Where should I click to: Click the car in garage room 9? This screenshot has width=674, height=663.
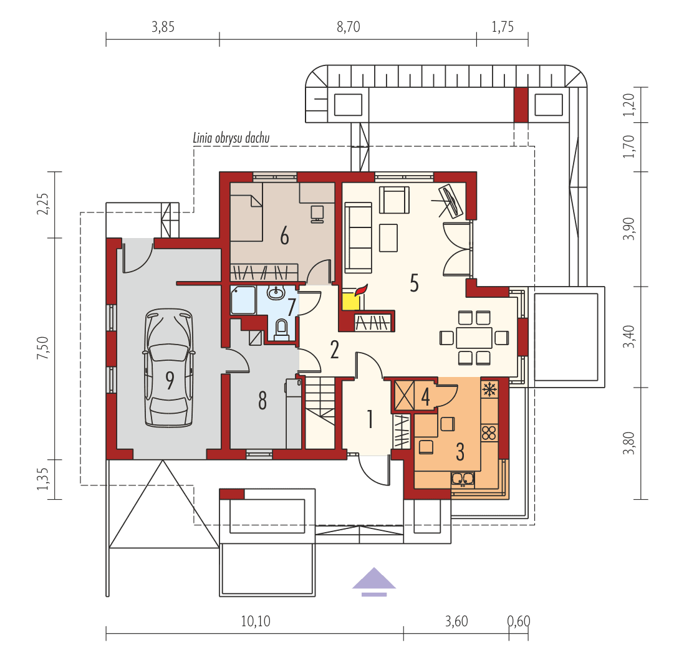tap(168, 368)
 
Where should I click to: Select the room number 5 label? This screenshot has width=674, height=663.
tap(413, 282)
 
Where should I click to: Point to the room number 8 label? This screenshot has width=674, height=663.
tap(262, 401)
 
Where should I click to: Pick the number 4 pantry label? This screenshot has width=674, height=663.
tap(426, 396)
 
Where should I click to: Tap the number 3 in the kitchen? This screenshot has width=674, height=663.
tap(460, 452)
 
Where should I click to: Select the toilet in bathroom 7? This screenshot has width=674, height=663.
tap(281, 328)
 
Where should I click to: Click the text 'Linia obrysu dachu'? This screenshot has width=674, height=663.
tap(231, 138)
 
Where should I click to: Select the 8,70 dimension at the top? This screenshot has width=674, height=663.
tap(348, 27)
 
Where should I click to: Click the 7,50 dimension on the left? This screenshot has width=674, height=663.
tap(43, 347)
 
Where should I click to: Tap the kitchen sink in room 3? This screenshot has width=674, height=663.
tap(463, 479)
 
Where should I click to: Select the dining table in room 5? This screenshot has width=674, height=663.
tap(474, 338)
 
